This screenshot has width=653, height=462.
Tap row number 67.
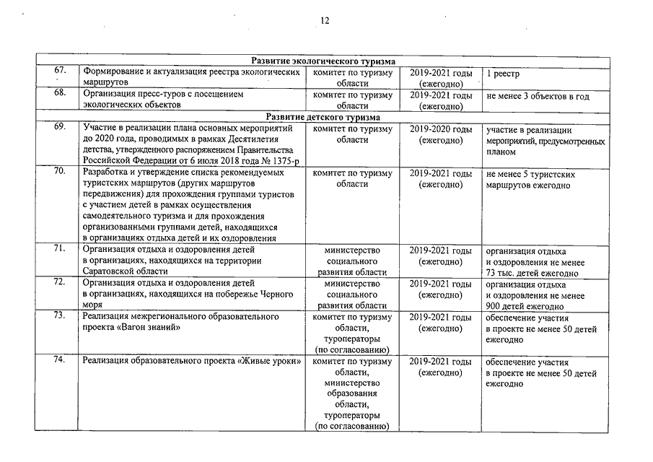(x=60, y=71)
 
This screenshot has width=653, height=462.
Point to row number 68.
(x=60, y=94)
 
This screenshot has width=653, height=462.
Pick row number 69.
(x=60, y=128)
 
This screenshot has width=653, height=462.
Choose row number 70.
(x=60, y=173)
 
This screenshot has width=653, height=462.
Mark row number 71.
(x=60, y=250)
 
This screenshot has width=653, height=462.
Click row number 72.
(x=60, y=283)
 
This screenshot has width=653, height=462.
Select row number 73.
(x=60, y=316)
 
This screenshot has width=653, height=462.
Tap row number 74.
(x=60, y=361)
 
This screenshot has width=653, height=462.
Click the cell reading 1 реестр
(x=503, y=74)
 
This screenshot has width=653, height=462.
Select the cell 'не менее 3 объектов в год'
(x=538, y=96)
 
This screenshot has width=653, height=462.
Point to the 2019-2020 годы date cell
(x=441, y=129)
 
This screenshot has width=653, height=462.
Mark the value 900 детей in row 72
(x=508, y=307)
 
